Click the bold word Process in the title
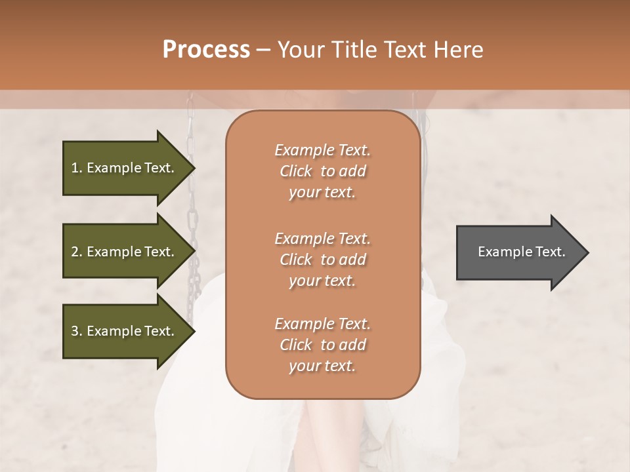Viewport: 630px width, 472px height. [206, 50]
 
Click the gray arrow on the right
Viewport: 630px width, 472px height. [518, 252]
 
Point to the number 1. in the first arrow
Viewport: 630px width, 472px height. [77, 168]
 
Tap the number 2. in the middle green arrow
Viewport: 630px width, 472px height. [77, 252]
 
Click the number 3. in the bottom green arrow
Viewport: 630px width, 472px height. [77, 331]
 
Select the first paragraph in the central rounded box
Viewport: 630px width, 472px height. [322, 171]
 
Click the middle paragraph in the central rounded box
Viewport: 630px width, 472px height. [322, 260]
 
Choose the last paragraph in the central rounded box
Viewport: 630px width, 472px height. [322, 345]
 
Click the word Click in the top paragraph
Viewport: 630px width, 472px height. [296, 171]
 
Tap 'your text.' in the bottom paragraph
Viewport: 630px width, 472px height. [322, 366]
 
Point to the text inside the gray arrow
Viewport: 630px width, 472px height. [522, 252]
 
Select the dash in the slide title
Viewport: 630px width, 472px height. [263, 50]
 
